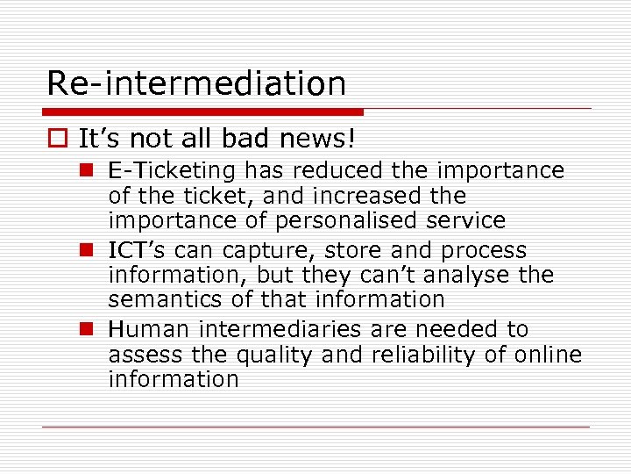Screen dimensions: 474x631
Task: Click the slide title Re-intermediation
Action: pyautogui.click(x=196, y=84)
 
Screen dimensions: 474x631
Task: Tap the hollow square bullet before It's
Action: pyautogui.click(x=57, y=139)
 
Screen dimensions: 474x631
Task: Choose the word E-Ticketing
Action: pyautogui.click(x=173, y=170)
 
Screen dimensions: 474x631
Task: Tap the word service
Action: pyautogui.click(x=464, y=220)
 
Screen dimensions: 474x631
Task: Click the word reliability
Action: pyautogui.click(x=417, y=355)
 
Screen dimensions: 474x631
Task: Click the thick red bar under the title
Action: pyautogui.click(x=203, y=112)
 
